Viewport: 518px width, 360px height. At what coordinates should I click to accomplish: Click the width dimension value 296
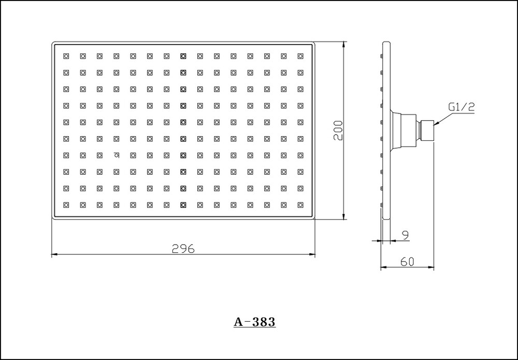point(183,249)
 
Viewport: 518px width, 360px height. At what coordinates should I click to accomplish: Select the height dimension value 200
point(338,131)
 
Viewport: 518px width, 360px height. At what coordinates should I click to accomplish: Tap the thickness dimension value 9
point(406,235)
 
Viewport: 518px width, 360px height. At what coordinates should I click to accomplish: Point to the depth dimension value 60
point(407,262)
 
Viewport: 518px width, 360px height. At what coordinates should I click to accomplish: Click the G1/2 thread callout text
point(462,107)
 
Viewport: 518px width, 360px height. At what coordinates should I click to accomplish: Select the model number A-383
point(254,322)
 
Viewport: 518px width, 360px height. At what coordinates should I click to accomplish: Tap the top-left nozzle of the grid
point(66,56)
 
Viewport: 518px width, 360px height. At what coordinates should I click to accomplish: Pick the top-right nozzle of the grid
point(300,56)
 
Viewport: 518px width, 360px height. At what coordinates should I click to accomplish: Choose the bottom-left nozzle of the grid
point(66,205)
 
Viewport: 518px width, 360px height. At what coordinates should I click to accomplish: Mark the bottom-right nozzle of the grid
point(300,205)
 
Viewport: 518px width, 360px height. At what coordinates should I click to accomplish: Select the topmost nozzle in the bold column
point(183,56)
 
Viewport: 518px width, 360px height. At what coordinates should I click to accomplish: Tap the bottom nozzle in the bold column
point(183,205)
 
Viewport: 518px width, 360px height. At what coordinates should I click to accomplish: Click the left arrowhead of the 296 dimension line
point(55,254)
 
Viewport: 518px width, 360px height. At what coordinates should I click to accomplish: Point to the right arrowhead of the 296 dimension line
point(311,254)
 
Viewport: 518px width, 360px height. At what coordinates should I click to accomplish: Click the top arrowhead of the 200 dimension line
point(344,45)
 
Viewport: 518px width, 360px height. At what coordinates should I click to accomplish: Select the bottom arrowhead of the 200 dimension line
point(344,215)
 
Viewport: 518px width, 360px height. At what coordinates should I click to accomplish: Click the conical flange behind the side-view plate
point(395,131)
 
